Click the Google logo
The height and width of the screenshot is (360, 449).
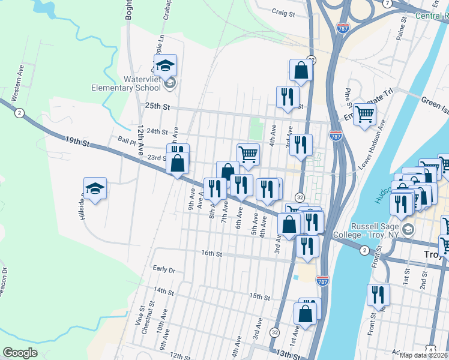click(20, 353)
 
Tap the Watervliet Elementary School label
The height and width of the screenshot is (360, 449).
click(126, 83)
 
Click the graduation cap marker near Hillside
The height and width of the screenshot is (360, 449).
click(95, 188)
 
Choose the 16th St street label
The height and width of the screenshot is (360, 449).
click(211, 254)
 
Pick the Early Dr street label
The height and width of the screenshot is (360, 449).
click(163, 269)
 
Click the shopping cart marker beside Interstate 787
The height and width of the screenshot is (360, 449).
click(364, 113)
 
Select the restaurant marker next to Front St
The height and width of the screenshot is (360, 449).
click(379, 295)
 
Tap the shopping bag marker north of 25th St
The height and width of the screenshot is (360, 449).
click(301, 70)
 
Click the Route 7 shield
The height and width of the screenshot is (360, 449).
click(388, 3)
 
